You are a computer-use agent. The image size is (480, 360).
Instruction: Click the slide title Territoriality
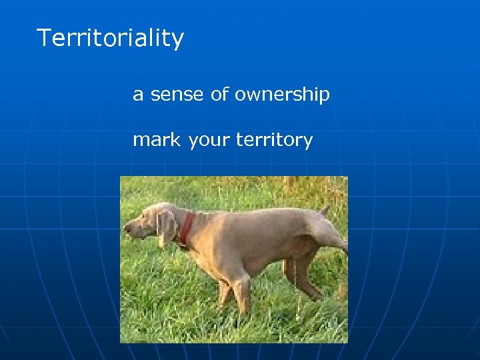coord(110,38)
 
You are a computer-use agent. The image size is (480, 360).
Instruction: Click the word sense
coord(177,95)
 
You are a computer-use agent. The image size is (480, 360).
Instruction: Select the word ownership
coord(282,95)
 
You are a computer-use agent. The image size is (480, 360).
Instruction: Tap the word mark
coord(156,140)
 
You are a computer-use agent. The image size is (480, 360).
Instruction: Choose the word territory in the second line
coord(273,141)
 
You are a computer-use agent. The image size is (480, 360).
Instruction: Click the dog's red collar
coord(186,228)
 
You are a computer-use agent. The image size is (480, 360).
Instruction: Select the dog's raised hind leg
coord(331,235)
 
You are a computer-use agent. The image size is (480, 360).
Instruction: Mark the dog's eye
coord(148,216)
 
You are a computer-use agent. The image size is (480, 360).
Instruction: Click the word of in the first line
coord(219,95)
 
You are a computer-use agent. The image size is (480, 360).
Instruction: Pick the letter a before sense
coord(138,95)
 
